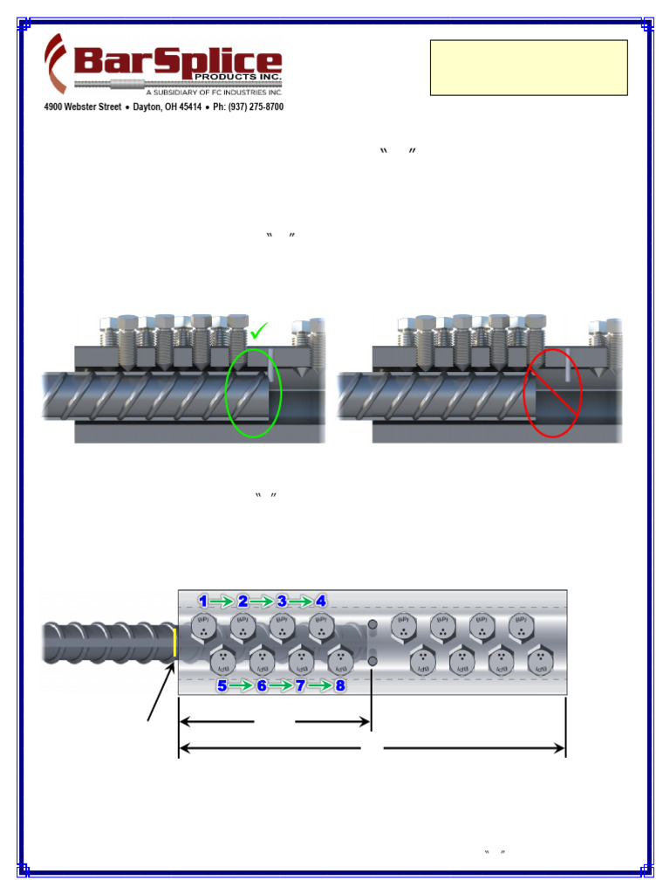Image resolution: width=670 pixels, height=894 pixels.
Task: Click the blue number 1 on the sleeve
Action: [x=203, y=601]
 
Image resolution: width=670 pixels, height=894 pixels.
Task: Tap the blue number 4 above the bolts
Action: [x=321, y=601]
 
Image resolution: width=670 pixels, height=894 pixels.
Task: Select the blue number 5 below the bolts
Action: [x=222, y=685]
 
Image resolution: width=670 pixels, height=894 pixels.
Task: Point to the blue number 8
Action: [x=340, y=685]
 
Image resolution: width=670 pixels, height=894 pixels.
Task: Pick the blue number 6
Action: [x=262, y=685]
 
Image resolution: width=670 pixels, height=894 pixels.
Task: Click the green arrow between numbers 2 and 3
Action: [x=262, y=601]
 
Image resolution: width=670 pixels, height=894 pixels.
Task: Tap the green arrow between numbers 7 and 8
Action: [x=320, y=685]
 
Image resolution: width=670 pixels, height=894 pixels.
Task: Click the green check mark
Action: [x=259, y=333]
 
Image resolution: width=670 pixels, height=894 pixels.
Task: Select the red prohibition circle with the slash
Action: [x=552, y=392]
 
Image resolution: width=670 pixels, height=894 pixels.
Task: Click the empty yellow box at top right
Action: [x=529, y=67]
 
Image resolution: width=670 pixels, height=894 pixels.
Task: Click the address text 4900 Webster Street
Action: [x=83, y=107]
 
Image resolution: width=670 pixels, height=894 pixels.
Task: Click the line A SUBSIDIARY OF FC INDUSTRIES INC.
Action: [x=214, y=91]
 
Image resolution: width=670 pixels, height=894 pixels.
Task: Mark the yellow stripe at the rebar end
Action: [x=174, y=643]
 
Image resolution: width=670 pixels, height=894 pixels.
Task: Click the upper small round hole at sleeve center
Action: [x=373, y=625]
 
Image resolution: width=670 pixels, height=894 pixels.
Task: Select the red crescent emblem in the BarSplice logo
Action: [x=57, y=63]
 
